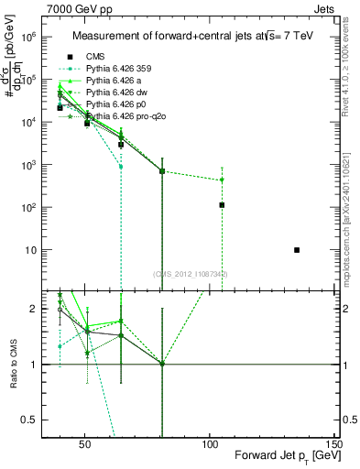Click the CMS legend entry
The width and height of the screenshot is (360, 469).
(94, 56)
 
